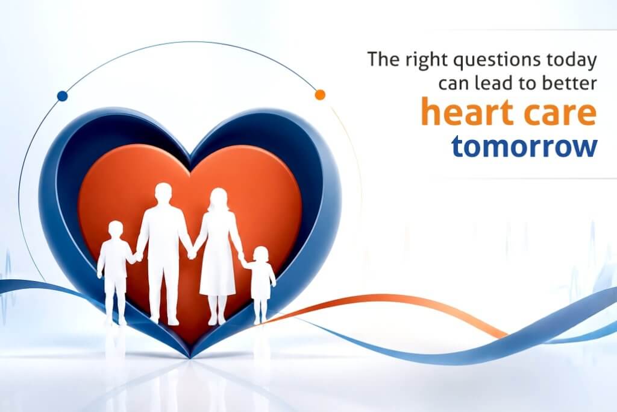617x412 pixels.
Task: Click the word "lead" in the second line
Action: coord(495,83)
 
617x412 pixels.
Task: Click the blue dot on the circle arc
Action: coord(62,96)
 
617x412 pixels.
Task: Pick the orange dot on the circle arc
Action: coord(320,95)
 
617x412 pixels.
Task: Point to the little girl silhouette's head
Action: coord(260,255)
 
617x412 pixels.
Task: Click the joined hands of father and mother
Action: coord(192,253)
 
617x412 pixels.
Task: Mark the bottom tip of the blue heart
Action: coord(191,358)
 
